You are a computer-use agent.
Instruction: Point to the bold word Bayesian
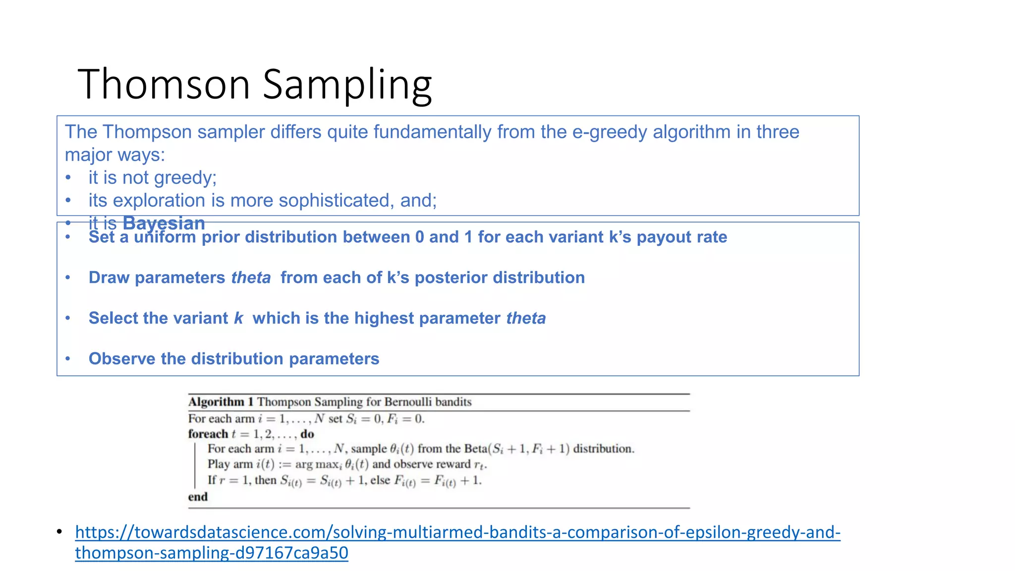(164, 223)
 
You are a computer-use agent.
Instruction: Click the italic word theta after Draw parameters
(251, 278)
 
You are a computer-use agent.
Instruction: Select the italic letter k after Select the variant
(238, 318)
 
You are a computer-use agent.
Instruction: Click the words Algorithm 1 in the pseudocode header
(221, 401)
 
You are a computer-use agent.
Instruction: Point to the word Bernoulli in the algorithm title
(406, 401)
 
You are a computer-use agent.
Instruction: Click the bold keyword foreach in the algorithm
(208, 434)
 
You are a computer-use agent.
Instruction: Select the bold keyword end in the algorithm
(198, 497)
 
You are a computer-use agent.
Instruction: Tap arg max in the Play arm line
(317, 464)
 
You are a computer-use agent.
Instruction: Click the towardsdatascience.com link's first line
(457, 532)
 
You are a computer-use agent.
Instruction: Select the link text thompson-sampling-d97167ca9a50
(212, 553)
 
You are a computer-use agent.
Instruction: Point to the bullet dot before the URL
(59, 532)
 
